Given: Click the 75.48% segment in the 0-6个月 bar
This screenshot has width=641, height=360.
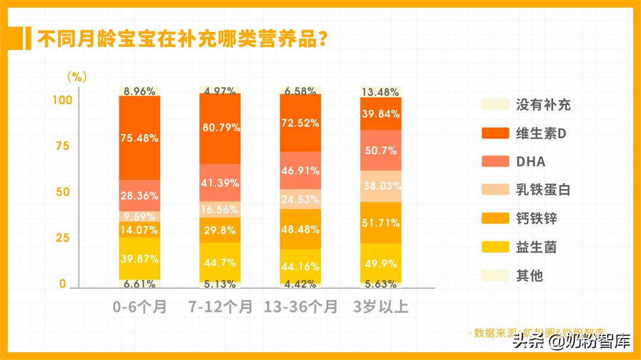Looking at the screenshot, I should click(139, 138).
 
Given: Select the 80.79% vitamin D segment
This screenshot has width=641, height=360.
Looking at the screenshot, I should click(220, 128).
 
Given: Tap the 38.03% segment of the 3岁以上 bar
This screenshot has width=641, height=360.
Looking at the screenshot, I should click(381, 186).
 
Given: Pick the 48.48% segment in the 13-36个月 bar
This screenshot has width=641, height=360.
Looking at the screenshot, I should click(300, 228).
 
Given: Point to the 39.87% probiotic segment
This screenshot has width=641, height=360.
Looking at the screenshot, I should click(139, 259).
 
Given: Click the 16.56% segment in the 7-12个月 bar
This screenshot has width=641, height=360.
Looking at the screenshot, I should click(220, 209).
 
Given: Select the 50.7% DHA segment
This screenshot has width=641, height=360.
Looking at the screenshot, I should click(381, 150).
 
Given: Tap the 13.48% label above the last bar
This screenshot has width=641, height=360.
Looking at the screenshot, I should click(381, 91).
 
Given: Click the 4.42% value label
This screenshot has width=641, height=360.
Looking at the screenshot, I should click(300, 284).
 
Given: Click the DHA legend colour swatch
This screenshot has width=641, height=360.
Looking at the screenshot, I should click(495, 162).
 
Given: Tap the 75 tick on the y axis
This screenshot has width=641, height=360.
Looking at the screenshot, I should click(62, 146).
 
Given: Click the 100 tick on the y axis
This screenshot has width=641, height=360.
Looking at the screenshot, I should click(62, 100).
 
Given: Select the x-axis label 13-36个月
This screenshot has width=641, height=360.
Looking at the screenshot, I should click(300, 307).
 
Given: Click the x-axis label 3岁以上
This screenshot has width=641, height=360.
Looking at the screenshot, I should click(381, 307).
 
